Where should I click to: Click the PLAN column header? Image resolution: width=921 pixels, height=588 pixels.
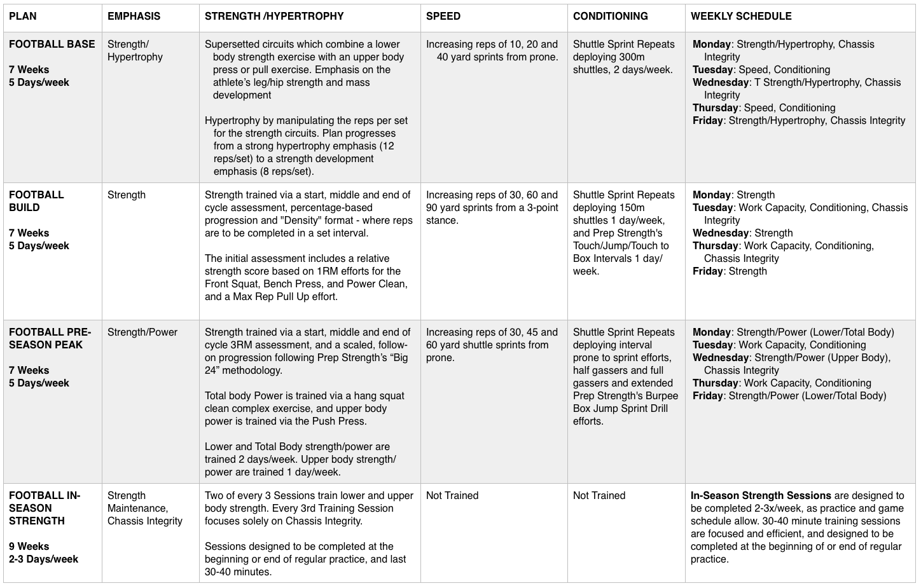tap(23, 17)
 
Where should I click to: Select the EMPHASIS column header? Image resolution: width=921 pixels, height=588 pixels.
tap(134, 17)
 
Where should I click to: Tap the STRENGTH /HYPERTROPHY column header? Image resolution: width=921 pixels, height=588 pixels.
tap(274, 17)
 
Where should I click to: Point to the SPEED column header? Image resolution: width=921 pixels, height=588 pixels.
tap(443, 17)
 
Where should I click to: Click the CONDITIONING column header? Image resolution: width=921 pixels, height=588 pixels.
tap(611, 17)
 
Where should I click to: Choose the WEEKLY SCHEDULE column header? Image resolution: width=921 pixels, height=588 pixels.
tap(741, 17)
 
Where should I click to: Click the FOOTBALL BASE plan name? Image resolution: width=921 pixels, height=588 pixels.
tap(52, 44)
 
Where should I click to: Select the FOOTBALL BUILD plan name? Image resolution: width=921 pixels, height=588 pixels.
tap(36, 201)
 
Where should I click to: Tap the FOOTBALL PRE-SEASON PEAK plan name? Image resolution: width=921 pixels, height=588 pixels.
tap(50, 338)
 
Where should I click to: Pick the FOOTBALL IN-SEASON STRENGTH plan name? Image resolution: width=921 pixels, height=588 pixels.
tap(45, 508)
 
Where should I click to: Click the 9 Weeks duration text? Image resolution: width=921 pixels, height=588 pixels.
tap(29, 547)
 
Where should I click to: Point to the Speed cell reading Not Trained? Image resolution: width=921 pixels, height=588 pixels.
tap(452, 496)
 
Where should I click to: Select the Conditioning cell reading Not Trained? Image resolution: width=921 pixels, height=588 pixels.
tap(599, 496)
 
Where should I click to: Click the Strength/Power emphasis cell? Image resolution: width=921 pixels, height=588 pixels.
tap(142, 332)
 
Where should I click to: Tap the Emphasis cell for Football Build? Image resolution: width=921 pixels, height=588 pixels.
tap(127, 195)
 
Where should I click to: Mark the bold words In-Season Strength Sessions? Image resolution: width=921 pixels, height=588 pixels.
tap(761, 496)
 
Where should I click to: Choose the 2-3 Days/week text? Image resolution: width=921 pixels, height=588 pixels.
tap(44, 559)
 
